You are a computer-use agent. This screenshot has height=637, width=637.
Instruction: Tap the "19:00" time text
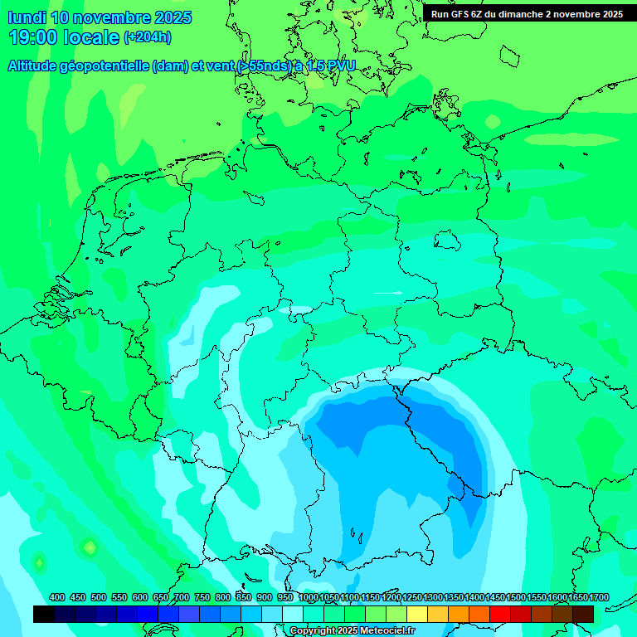[33, 37]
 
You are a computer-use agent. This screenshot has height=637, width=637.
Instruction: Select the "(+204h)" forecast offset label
[148, 37]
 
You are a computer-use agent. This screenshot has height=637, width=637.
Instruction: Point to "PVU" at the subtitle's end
[340, 66]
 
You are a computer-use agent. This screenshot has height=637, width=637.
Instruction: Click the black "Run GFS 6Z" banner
[527, 14]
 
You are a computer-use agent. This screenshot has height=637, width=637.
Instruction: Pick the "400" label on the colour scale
[57, 598]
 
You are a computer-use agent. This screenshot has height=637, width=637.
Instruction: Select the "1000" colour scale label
[309, 598]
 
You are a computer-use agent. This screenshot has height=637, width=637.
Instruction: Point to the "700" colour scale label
[182, 598]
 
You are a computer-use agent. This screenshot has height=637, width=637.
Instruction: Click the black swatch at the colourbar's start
[44, 615]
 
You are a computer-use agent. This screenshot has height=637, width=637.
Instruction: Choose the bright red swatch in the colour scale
[500, 615]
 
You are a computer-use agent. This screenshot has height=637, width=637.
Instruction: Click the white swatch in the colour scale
[293, 615]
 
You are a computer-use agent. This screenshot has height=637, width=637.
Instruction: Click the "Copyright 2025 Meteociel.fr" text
[352, 631]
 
